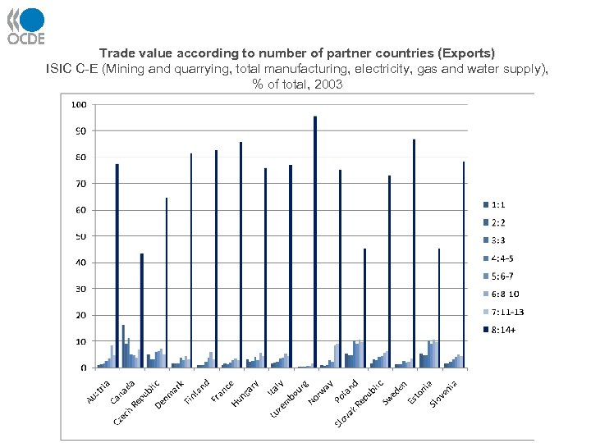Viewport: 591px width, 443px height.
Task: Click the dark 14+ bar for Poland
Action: click(364, 308)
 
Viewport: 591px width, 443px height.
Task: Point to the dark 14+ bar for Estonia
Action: click(439, 308)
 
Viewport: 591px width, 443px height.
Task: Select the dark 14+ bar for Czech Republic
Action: click(167, 282)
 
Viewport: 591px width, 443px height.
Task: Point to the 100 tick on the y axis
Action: click(79, 105)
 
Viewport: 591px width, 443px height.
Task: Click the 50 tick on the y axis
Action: click(80, 236)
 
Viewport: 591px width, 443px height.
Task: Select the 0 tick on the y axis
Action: click(83, 368)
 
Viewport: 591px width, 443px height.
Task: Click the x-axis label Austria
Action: click(98, 390)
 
